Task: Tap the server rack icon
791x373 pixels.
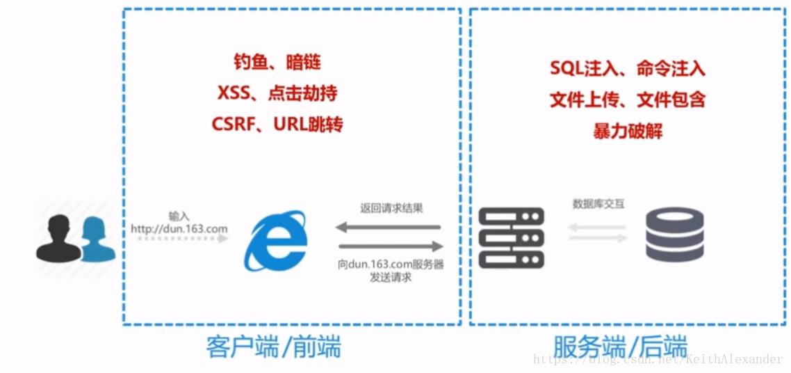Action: pyautogui.click(x=512, y=238)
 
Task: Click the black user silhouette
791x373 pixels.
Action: pyautogui.click(x=57, y=239)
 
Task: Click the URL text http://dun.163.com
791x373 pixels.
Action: pyautogui.click(x=179, y=228)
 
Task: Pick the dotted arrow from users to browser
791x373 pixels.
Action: pyautogui.click(x=182, y=239)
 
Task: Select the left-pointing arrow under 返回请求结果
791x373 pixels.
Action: pyautogui.click(x=389, y=227)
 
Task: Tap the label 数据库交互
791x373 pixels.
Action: pyautogui.click(x=598, y=204)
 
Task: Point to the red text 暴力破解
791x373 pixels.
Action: pyautogui.click(x=628, y=130)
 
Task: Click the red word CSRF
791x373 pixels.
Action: pyautogui.click(x=235, y=125)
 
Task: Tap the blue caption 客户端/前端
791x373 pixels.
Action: pyautogui.click(x=274, y=347)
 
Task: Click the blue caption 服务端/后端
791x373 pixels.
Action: pyautogui.click(x=620, y=347)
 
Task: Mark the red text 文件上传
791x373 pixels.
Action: pyautogui.click(x=578, y=100)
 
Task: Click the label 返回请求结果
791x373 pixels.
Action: pyautogui.click(x=391, y=208)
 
